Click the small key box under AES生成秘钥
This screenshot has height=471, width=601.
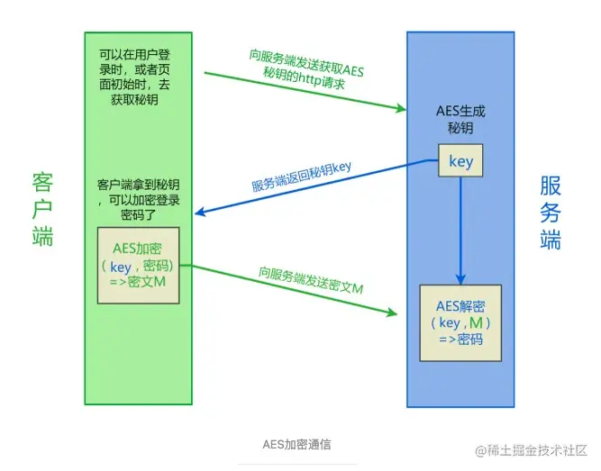tap(460, 162)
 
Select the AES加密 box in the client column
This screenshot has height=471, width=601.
tap(139, 266)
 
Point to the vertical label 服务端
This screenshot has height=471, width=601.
tap(551, 213)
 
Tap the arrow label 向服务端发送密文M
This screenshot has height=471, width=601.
tap(310, 279)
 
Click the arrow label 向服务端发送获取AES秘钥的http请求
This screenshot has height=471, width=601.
tap(307, 66)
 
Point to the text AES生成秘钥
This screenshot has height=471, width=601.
tap(460, 121)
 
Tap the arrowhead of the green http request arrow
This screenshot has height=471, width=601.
tap(402, 110)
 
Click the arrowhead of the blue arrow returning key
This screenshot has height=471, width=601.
tap(201, 213)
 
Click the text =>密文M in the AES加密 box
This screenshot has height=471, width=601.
tap(139, 282)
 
